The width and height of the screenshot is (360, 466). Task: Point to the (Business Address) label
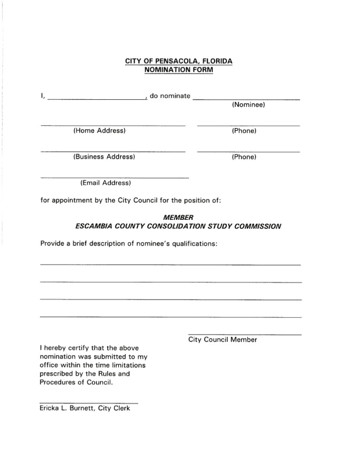click(104, 157)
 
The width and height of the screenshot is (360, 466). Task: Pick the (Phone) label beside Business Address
click(244, 157)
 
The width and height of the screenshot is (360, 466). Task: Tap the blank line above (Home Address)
click(113, 126)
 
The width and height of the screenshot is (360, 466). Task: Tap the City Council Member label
click(222, 340)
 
